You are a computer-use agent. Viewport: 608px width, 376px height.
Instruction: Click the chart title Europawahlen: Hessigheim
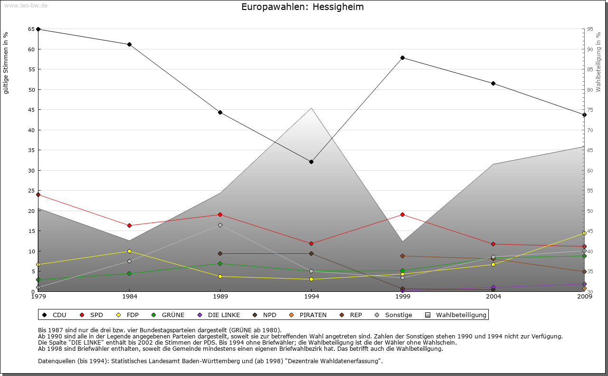pos(303,7)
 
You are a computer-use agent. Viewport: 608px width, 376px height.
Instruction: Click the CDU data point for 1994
pos(311,162)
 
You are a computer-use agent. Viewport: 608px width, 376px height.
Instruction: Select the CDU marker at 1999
pos(402,58)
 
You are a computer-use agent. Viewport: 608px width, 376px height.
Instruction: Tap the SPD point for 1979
pos(38,194)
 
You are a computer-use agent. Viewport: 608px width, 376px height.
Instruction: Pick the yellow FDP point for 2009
pos(584,233)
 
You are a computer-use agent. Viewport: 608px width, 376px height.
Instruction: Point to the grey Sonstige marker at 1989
pos(220,225)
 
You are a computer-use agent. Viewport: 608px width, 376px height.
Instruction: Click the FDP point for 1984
pos(129,251)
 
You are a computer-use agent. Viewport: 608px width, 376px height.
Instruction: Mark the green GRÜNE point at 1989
pos(220,263)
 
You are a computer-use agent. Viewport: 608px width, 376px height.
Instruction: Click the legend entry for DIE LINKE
pos(224,315)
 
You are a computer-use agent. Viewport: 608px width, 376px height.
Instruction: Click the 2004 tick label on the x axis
pos(494,297)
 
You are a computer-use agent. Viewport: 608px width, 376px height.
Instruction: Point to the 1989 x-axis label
pos(220,297)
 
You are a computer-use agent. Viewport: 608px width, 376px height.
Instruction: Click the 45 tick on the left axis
pos(31,110)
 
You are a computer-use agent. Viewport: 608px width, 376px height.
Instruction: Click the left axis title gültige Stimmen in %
pos(6,63)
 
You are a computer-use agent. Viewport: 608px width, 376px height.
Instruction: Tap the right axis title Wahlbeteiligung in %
pos(598,62)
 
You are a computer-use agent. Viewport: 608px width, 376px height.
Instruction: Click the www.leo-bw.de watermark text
pos(26,5)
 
